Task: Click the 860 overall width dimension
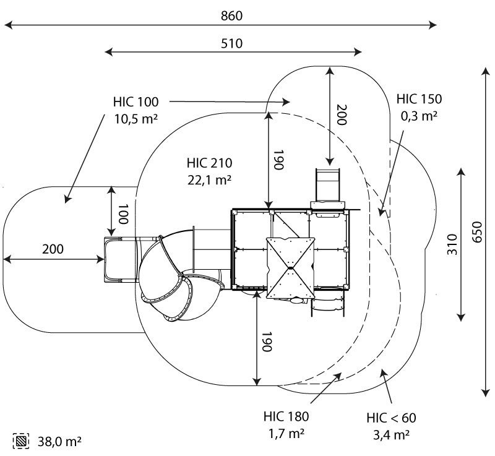tap(231, 15)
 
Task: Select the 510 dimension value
tap(231, 43)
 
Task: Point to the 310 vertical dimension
tap(452, 245)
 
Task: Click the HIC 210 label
tap(209, 164)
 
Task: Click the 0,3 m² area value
tap(420, 114)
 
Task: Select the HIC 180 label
tap(286, 416)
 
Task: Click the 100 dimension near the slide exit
tap(123, 213)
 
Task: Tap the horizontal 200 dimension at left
tap(53, 249)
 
